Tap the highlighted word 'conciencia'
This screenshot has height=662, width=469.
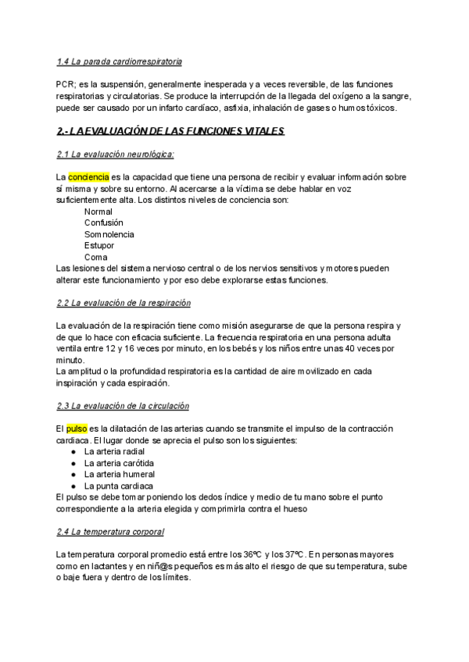pos(88,177)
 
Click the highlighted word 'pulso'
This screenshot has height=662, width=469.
pos(77,429)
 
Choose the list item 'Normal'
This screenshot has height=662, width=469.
pos(98,212)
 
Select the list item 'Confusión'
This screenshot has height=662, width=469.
pos(104,223)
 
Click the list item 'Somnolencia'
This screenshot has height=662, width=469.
pos(109,234)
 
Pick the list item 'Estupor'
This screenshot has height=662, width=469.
pos(100,246)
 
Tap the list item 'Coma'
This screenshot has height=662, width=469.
pos(95,257)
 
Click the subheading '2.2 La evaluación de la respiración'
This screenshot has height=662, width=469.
pos(124,302)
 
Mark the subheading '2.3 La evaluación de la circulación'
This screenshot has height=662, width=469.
pos(123,406)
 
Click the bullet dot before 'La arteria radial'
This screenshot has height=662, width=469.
pos(73,452)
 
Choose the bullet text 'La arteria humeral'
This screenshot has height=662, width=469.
pos(120,474)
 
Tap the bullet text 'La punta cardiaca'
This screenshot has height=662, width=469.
pos(118,486)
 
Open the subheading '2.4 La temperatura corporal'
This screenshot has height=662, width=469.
pos(110,532)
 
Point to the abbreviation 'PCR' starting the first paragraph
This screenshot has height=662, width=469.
pos(66,84)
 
